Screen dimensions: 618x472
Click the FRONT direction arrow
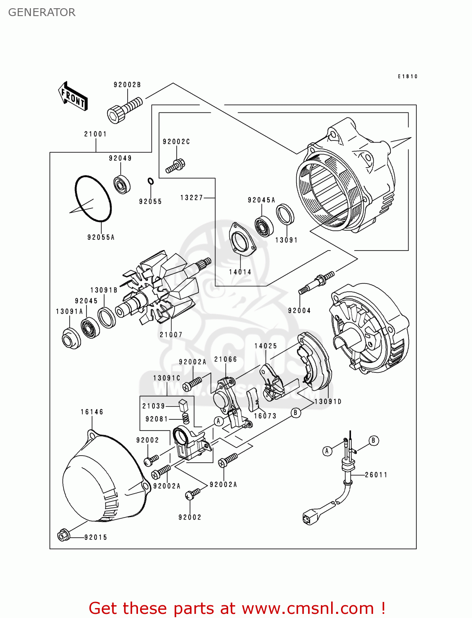pyautogui.click(x=73, y=96)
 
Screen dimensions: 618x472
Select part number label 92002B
pyautogui.click(x=127, y=85)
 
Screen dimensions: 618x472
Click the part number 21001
pyautogui.click(x=96, y=134)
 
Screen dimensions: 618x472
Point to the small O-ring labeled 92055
pyautogui.click(x=150, y=181)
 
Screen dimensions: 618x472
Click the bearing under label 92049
pyautogui.click(x=122, y=184)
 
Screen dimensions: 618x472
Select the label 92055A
pyautogui.click(x=101, y=237)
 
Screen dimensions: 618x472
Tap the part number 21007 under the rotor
pyautogui.click(x=171, y=335)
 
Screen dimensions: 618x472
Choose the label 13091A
pyautogui.click(x=69, y=311)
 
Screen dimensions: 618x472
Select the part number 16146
pyautogui.click(x=92, y=412)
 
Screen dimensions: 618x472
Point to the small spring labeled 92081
pyautogui.click(x=186, y=419)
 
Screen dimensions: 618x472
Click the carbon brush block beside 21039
pyautogui.click(x=183, y=405)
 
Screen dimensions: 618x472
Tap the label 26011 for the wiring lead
pyautogui.click(x=376, y=475)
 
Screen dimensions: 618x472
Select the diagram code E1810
pyautogui.click(x=408, y=76)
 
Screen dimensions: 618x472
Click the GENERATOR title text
pyautogui.click(x=42, y=12)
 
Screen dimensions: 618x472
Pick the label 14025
pyautogui.click(x=266, y=346)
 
